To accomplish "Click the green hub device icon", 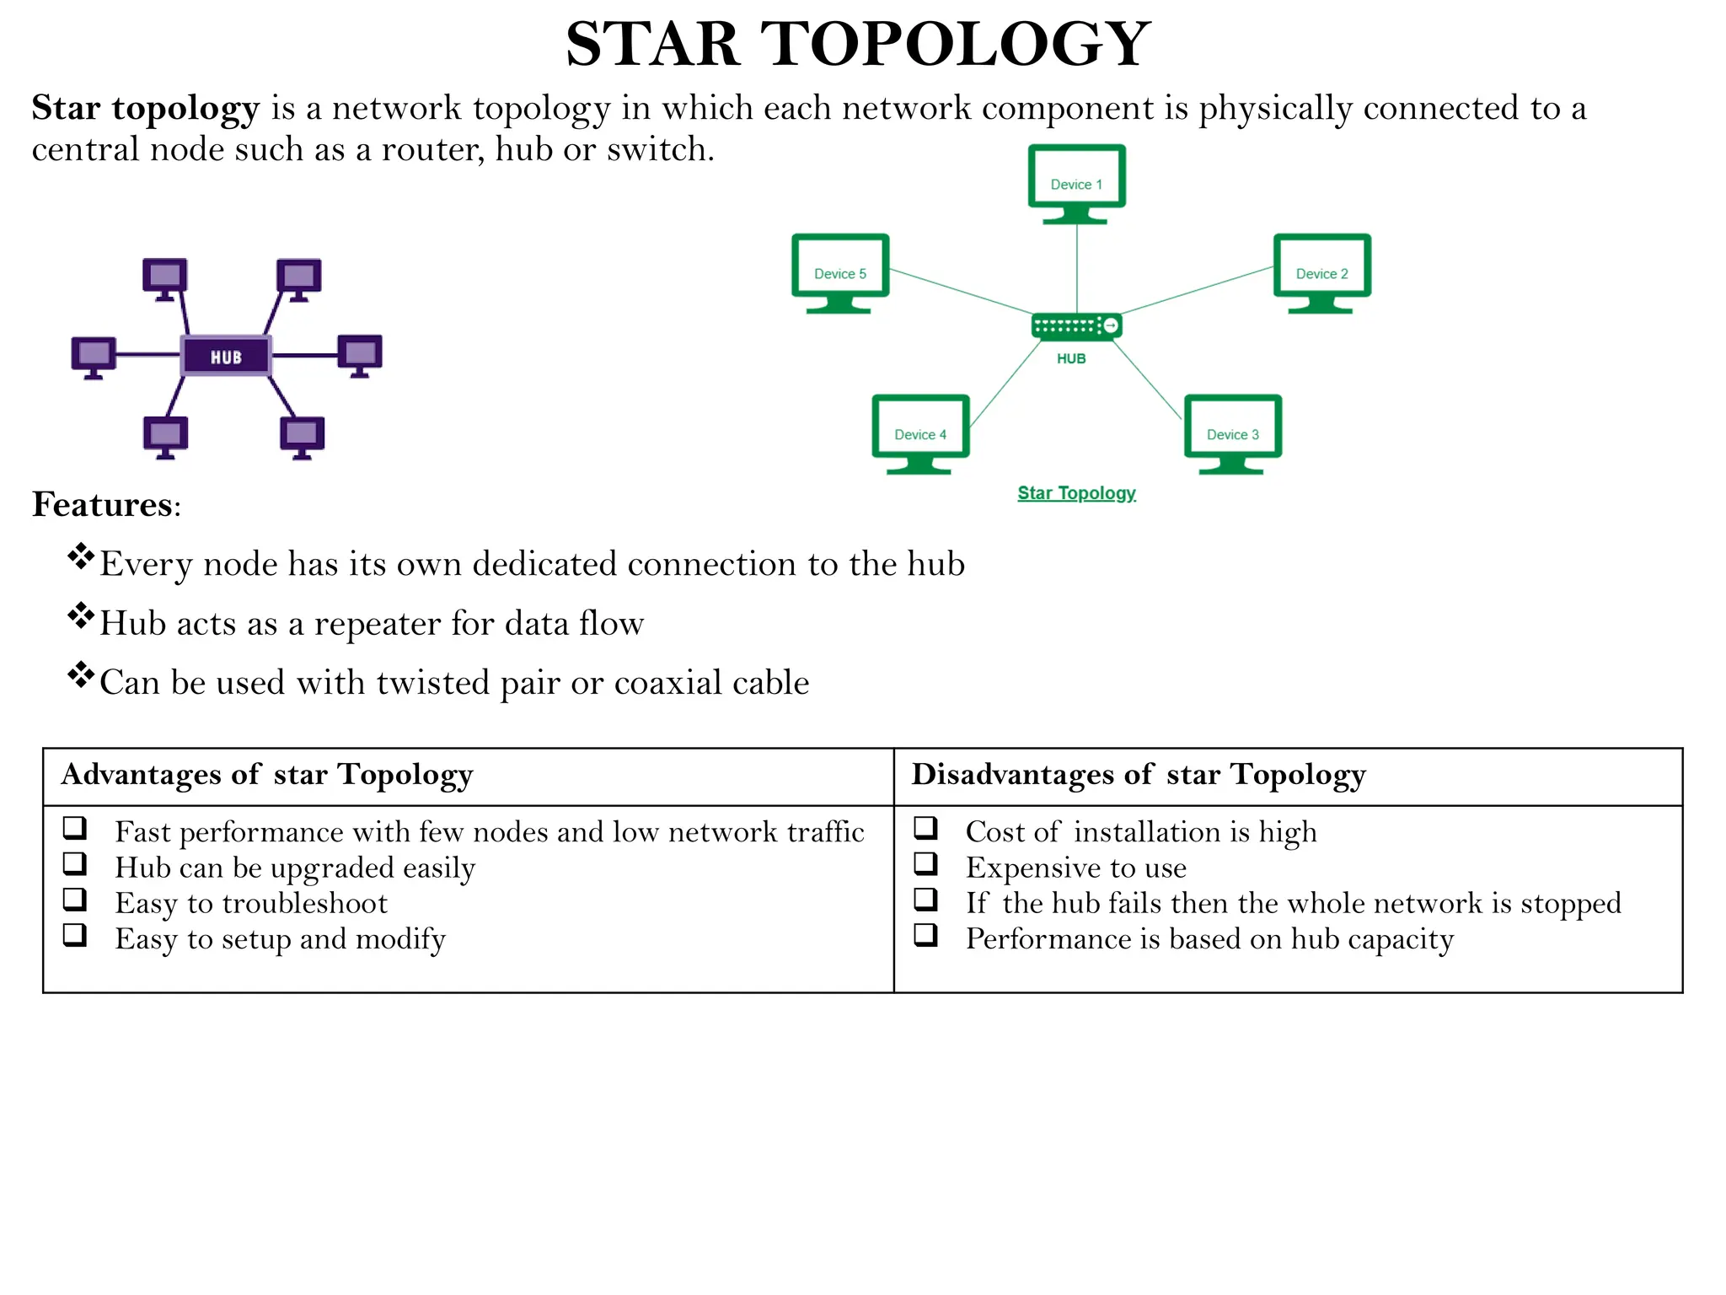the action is point(1076,325).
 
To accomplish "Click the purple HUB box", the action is point(226,356).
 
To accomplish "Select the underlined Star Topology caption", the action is point(1076,493).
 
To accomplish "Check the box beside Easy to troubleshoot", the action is point(75,900).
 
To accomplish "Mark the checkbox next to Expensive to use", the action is point(925,864).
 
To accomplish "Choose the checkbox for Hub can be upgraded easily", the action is point(75,864).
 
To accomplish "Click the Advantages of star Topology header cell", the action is point(266,775).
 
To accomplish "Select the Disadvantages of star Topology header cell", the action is point(1138,775).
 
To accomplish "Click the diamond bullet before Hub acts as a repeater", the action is point(81,616).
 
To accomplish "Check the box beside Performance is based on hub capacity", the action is point(925,935).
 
